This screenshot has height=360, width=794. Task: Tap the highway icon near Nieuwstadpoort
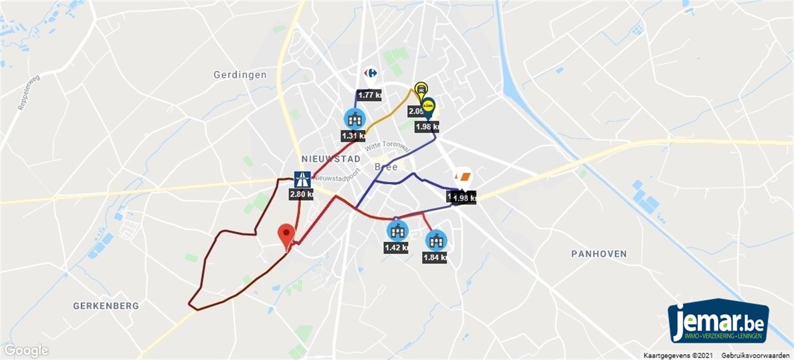[x=302, y=179]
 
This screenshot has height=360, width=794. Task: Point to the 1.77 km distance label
[x=370, y=95]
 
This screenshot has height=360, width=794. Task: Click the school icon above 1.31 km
[x=354, y=119]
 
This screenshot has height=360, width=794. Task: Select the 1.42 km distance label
[x=396, y=247]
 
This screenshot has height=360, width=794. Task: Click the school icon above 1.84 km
[x=436, y=240]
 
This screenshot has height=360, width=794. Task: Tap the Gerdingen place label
[x=240, y=75]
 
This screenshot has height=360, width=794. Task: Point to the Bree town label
[x=386, y=167]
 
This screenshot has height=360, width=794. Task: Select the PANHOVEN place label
[x=599, y=254]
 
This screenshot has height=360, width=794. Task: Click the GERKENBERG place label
[x=106, y=305]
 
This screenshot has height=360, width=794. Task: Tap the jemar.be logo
[x=718, y=320]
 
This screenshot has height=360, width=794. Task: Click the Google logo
[x=25, y=351]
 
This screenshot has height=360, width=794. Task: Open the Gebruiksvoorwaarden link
[x=755, y=355]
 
